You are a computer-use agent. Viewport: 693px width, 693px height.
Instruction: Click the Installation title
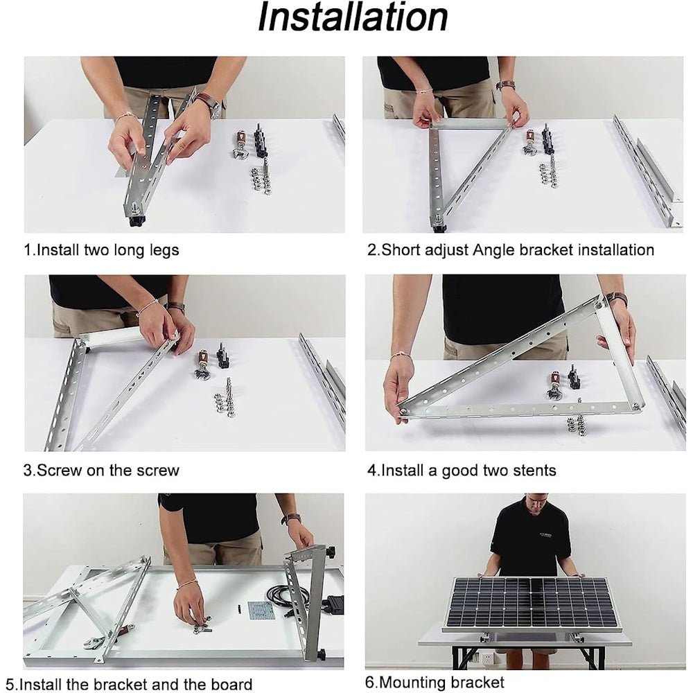(352, 18)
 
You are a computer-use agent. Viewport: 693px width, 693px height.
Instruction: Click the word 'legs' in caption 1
(164, 250)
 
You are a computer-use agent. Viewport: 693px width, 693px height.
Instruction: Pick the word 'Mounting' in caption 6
(412, 682)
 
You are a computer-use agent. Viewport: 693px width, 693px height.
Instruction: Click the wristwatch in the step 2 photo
(506, 85)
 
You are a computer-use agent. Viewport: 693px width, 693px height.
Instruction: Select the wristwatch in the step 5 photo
(291, 518)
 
